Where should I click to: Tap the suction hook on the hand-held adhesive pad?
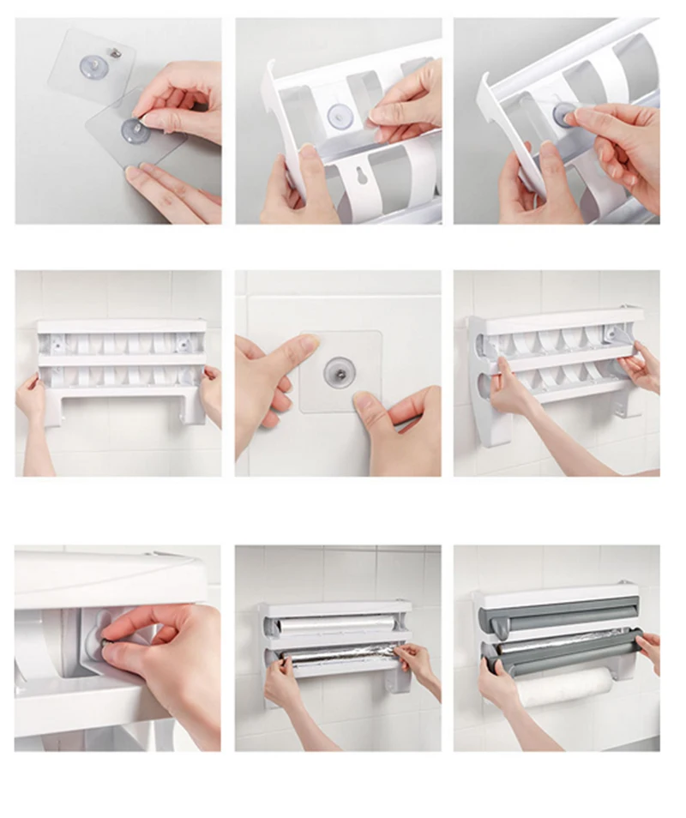[133, 130]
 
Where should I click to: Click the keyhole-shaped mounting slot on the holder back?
[353, 177]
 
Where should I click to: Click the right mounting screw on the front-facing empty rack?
[183, 341]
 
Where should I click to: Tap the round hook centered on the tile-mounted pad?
[337, 371]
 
